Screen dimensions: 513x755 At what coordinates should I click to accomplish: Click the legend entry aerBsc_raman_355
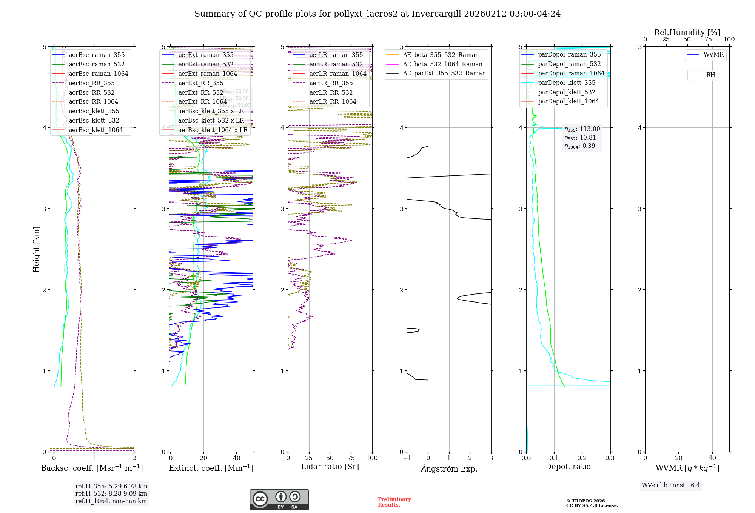point(97,55)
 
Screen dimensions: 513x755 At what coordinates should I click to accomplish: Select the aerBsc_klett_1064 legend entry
point(96,130)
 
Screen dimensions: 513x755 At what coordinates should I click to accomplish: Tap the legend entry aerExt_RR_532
point(200,93)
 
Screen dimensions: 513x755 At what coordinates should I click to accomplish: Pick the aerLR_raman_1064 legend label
point(337,74)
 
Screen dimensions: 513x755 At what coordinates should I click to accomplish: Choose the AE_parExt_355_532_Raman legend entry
point(444,74)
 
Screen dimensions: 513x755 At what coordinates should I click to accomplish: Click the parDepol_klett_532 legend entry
point(566,92)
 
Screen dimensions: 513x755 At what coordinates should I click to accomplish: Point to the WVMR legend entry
point(713,55)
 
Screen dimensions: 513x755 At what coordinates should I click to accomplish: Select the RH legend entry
point(710,75)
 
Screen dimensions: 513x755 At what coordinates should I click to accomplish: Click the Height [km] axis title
point(36,249)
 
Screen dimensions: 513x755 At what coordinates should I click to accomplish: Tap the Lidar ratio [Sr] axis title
point(330,467)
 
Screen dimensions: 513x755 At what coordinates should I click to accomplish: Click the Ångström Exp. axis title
point(449,469)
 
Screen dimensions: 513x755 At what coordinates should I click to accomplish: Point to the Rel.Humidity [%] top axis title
point(687,32)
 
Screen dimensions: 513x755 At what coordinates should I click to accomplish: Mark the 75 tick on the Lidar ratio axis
point(351,458)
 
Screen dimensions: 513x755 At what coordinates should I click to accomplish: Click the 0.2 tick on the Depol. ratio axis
point(582,458)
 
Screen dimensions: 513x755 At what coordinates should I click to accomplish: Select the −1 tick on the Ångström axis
point(407,458)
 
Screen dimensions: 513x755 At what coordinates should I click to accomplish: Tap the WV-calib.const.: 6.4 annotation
point(671,485)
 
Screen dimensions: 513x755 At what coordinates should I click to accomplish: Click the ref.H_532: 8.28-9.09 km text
point(111,494)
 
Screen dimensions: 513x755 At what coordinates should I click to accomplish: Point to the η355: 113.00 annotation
point(582,129)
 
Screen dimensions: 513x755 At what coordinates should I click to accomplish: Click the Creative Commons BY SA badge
point(279,500)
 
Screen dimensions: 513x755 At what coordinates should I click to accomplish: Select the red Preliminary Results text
point(394,502)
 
